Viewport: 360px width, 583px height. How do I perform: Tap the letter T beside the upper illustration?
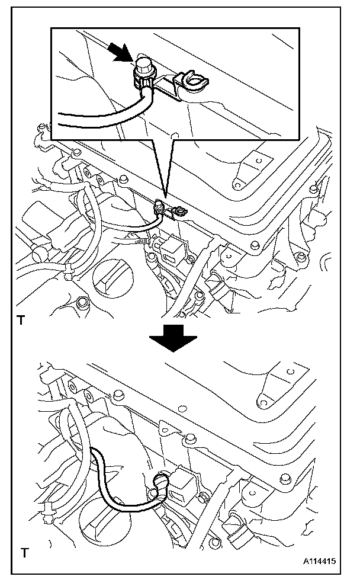pyautogui.click(x=21, y=321)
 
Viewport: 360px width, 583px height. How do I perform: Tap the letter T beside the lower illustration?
pyautogui.click(x=24, y=554)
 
